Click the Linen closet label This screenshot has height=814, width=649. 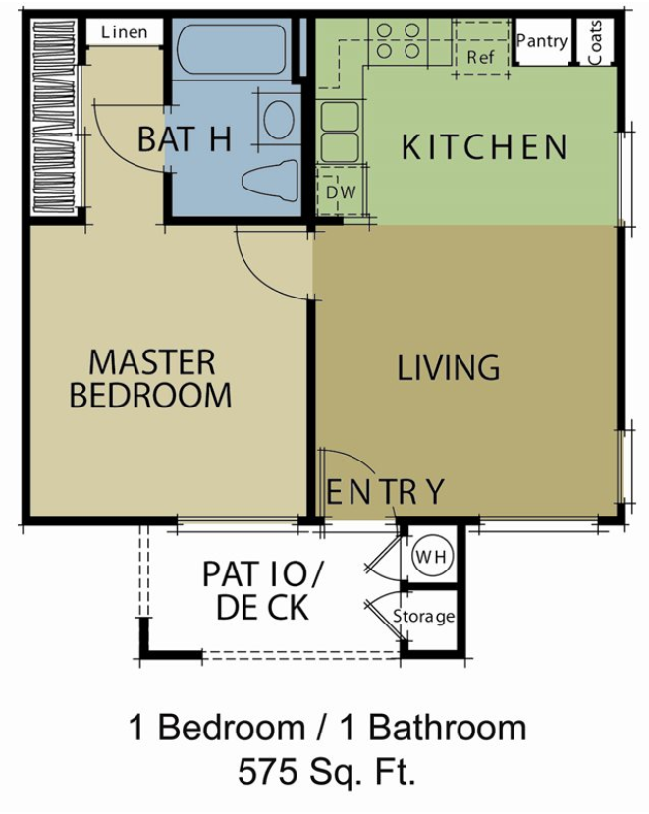click(124, 32)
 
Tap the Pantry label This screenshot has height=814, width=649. click(542, 41)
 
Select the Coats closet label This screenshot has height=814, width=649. click(595, 42)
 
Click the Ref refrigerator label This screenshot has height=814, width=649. click(481, 57)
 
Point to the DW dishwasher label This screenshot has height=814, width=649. click(341, 192)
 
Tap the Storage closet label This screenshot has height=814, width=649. click(424, 617)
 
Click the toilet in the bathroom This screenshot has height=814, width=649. click(270, 180)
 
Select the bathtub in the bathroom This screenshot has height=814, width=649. click(231, 49)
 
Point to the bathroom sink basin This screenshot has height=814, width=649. click(279, 120)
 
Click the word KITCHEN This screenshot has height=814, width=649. click(484, 147)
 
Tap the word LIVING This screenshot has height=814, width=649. click(449, 367)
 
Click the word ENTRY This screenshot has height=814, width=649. click(385, 492)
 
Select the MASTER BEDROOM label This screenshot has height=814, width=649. click(150, 378)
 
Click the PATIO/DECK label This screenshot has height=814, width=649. click(263, 590)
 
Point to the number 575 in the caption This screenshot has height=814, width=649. click(268, 772)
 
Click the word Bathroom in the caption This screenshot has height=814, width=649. click(447, 728)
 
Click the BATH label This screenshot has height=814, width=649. click(185, 139)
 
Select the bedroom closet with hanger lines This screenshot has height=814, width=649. click(54, 117)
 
